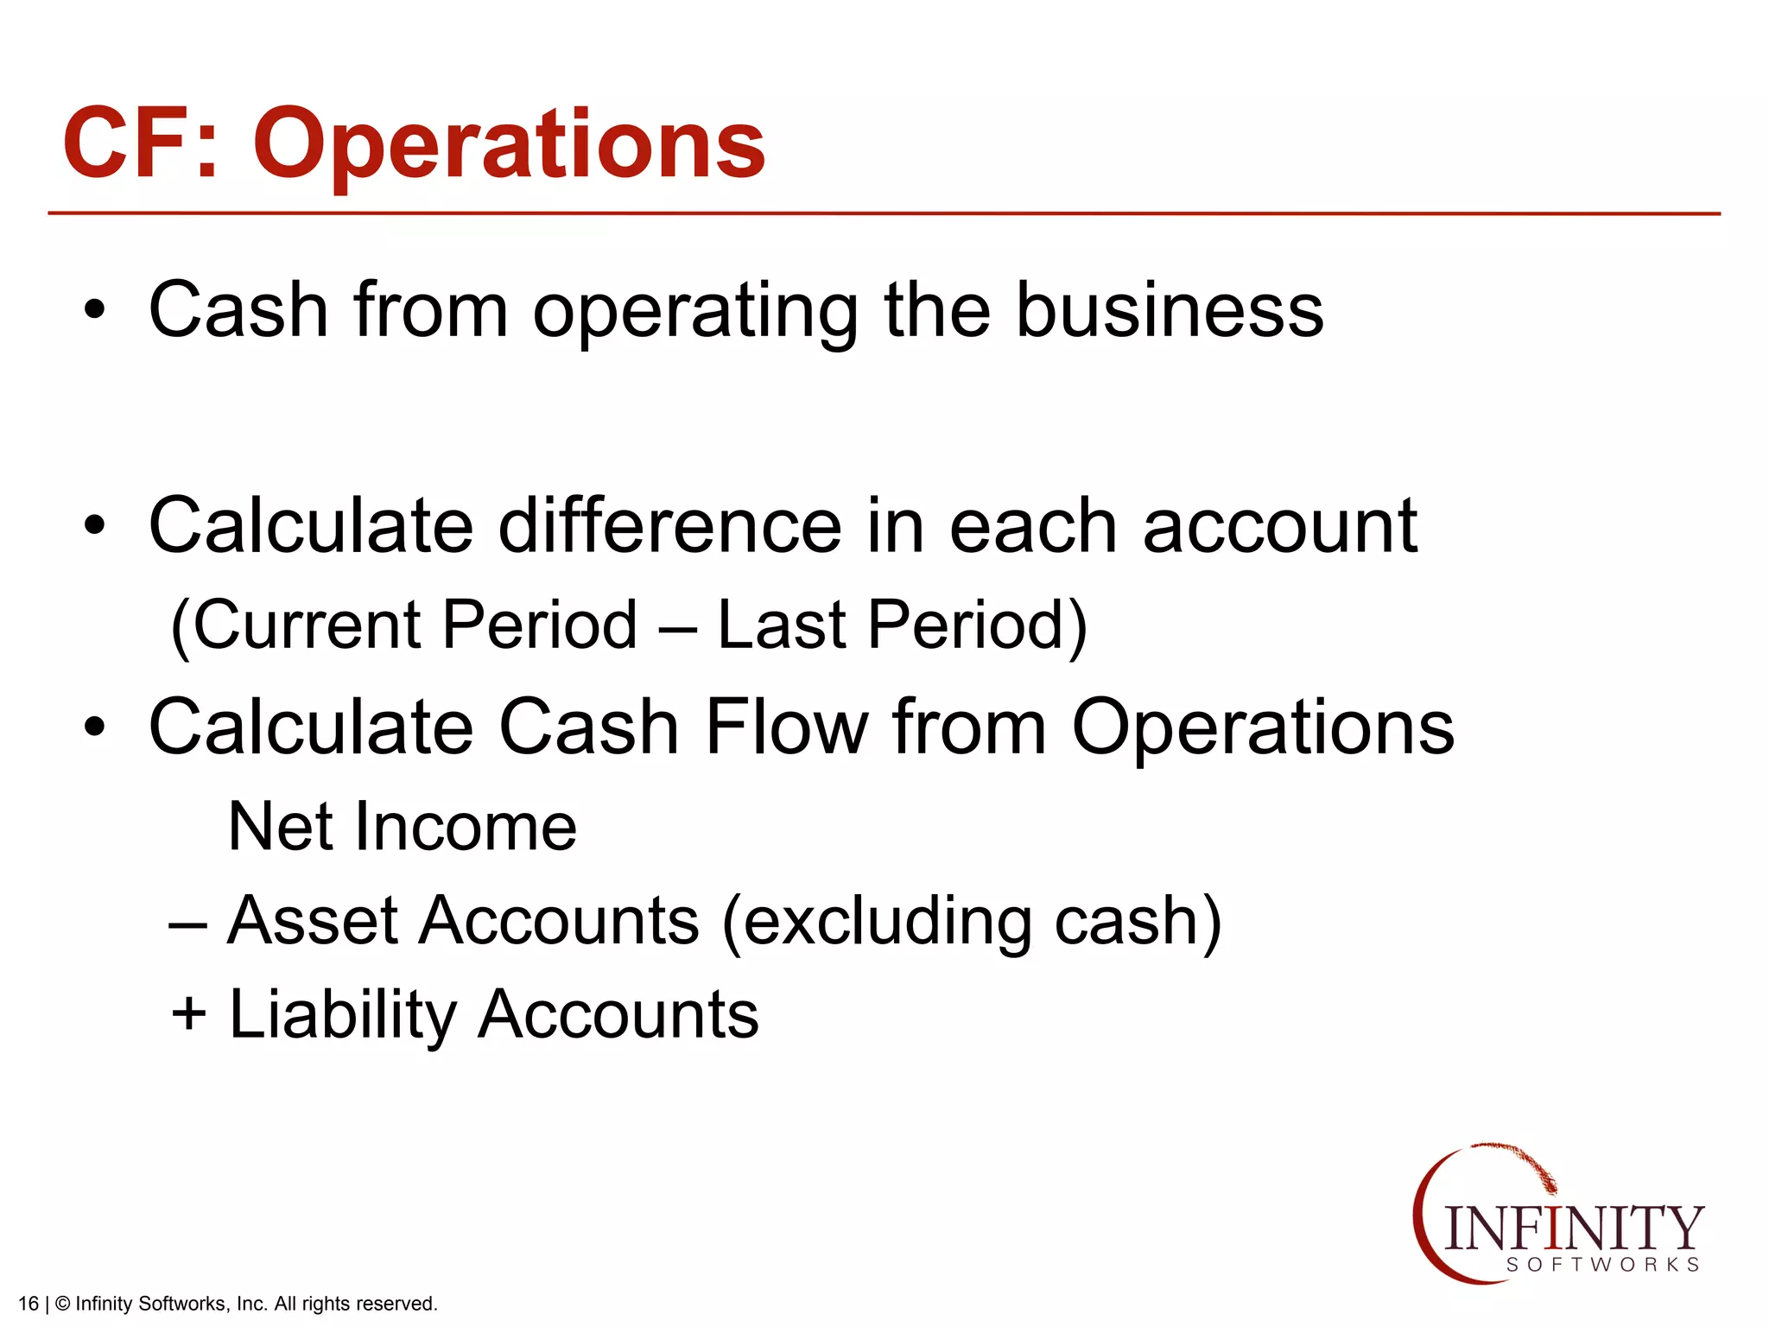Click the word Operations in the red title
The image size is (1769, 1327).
coord(509,145)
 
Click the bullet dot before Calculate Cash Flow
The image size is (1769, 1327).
coord(95,727)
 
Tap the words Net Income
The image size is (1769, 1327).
coord(403,827)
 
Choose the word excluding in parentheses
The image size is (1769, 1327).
coord(886,921)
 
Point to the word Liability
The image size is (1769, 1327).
coord(342,1016)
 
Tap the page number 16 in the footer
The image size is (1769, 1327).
coord(28,1304)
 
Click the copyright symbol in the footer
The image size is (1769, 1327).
coord(62,1304)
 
